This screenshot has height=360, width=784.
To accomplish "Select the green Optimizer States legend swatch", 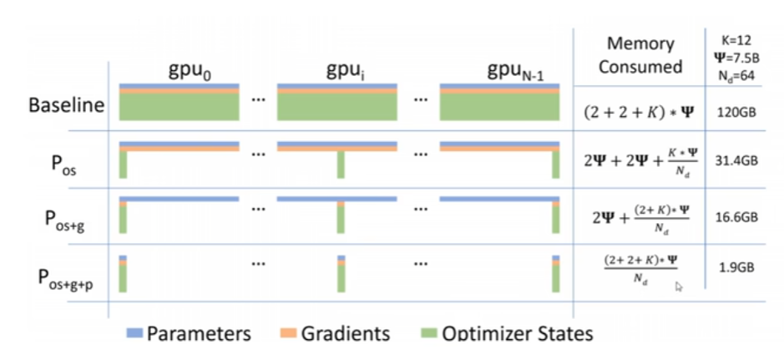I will coord(423,333).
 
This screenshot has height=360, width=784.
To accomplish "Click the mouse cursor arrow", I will coord(679,286).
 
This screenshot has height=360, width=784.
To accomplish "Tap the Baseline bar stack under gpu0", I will coord(180,104).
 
